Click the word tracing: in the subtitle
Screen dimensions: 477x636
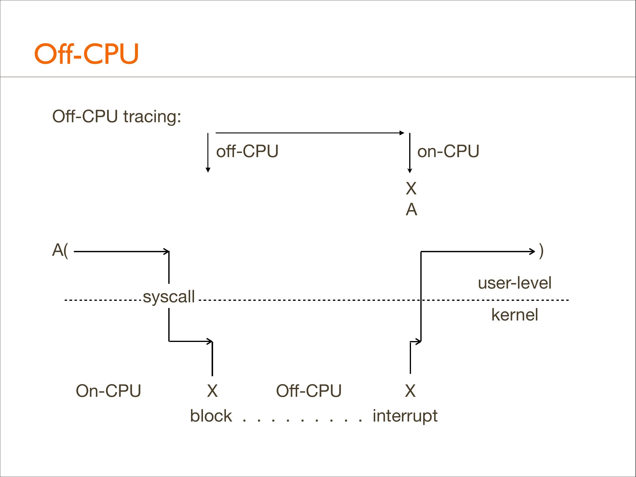tap(152, 116)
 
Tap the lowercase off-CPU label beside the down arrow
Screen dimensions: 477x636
tap(247, 151)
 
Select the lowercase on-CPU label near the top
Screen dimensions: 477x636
tap(448, 151)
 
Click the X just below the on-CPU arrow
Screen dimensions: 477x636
tap(411, 188)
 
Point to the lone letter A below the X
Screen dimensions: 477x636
tap(411, 210)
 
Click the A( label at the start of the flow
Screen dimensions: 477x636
tap(60, 250)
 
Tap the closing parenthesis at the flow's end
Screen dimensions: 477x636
tap(541, 251)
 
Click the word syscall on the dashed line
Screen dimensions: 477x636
tap(169, 297)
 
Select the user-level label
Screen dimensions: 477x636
tap(514, 283)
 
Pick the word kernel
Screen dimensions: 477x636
tap(514, 315)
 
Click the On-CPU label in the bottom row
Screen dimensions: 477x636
tap(108, 391)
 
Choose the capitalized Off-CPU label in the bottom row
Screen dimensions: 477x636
tap(308, 391)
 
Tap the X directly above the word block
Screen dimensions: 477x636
tap(212, 391)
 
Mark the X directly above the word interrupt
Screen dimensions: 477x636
tap(410, 391)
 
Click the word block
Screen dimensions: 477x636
tap(211, 416)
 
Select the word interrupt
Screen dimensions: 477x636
tap(405, 416)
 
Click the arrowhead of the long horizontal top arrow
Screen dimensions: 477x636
tap(402, 133)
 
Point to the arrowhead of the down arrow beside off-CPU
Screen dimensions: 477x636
tap(208, 170)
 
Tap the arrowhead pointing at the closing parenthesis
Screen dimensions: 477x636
tap(533, 252)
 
